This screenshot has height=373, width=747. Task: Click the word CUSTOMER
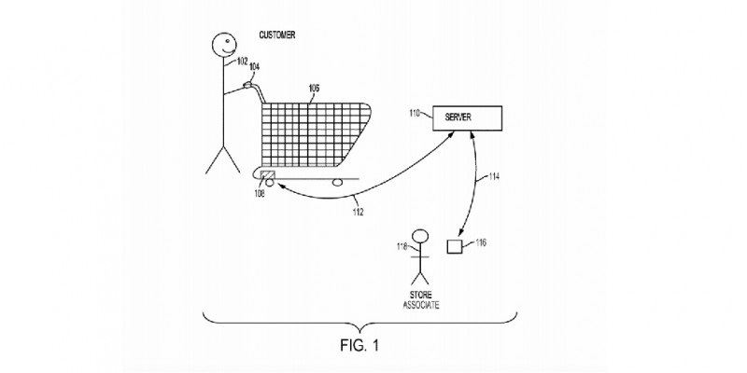(276, 35)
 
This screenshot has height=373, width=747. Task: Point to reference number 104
(255, 67)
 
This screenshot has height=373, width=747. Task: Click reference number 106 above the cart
(315, 89)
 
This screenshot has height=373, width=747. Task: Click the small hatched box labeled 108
(269, 178)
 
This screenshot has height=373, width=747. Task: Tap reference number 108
(260, 193)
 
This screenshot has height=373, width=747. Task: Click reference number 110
(415, 114)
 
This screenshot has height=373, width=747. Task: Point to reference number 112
(359, 211)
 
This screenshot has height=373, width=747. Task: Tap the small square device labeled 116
(455, 247)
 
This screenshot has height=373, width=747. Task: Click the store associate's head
(421, 236)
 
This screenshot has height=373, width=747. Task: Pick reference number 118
(402, 246)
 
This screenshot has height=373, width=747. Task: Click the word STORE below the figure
(421, 295)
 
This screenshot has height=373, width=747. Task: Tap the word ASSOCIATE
(421, 305)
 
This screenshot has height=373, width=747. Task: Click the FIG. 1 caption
(359, 344)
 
